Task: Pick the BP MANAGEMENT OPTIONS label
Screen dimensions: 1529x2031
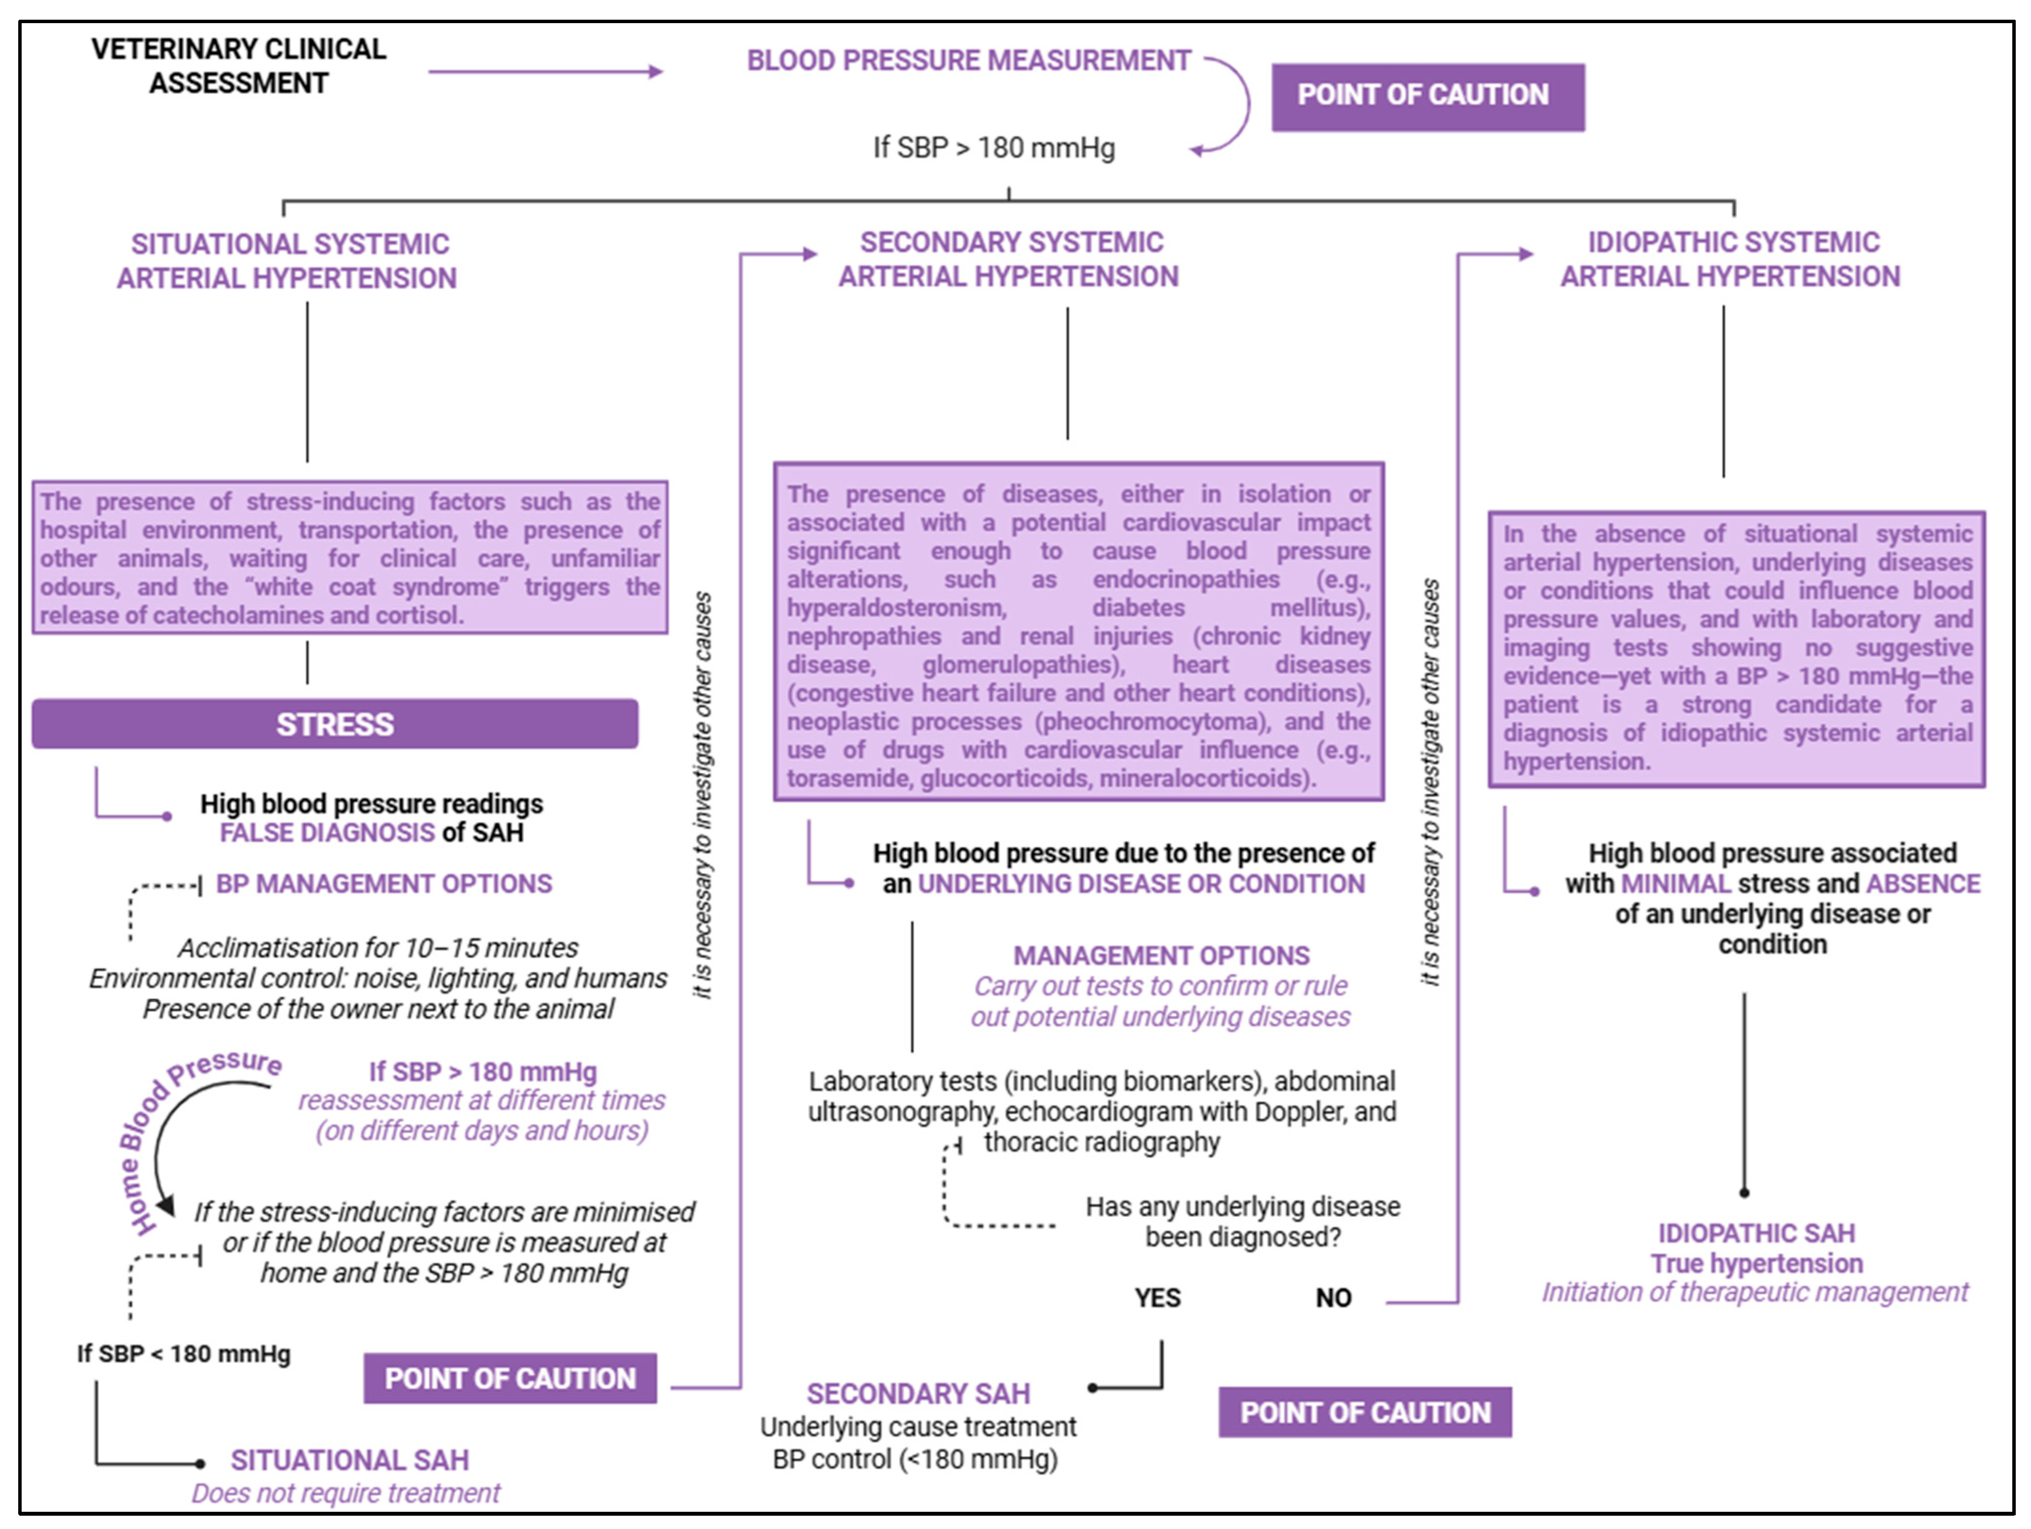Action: click(384, 884)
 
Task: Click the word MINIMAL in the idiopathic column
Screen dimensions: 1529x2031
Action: click(1663, 884)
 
